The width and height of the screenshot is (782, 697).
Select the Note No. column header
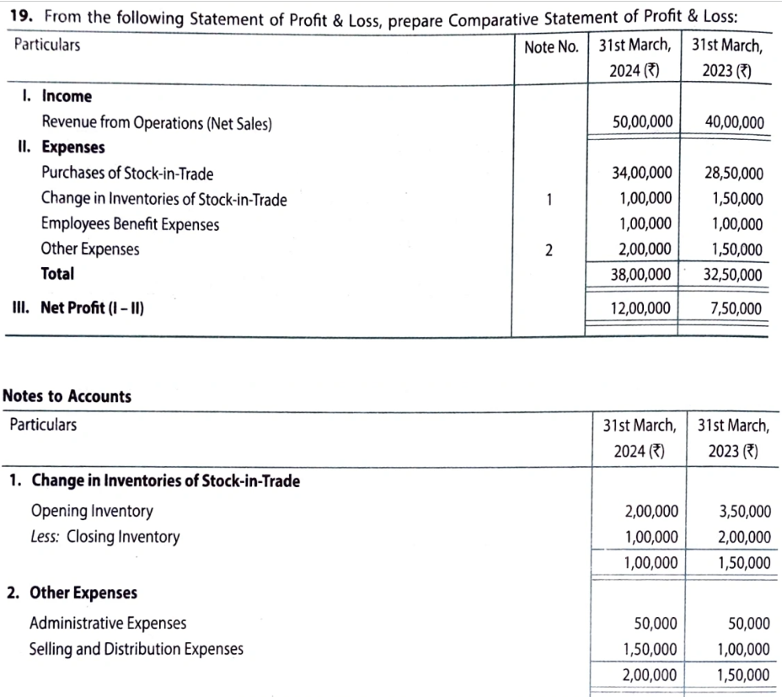(551, 47)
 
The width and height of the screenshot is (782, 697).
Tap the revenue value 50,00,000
(642, 122)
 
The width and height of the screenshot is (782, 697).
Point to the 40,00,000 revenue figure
(734, 123)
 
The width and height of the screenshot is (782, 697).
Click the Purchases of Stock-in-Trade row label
(127, 174)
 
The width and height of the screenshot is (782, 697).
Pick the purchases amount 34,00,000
(642, 174)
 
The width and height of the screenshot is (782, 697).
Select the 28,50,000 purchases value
(734, 174)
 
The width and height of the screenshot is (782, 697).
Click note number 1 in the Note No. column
(549, 200)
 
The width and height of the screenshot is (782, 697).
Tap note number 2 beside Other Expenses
(549, 250)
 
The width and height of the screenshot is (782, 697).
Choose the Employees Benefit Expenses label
(130, 224)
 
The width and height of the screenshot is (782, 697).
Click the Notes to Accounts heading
(67, 396)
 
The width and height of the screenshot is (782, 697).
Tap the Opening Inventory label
(92, 511)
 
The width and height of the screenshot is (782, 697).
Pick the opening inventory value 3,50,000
(744, 511)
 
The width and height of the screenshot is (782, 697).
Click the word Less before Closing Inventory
(45, 537)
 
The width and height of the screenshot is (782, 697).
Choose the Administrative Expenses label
(108, 624)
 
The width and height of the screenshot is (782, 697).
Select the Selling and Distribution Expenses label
(137, 649)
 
